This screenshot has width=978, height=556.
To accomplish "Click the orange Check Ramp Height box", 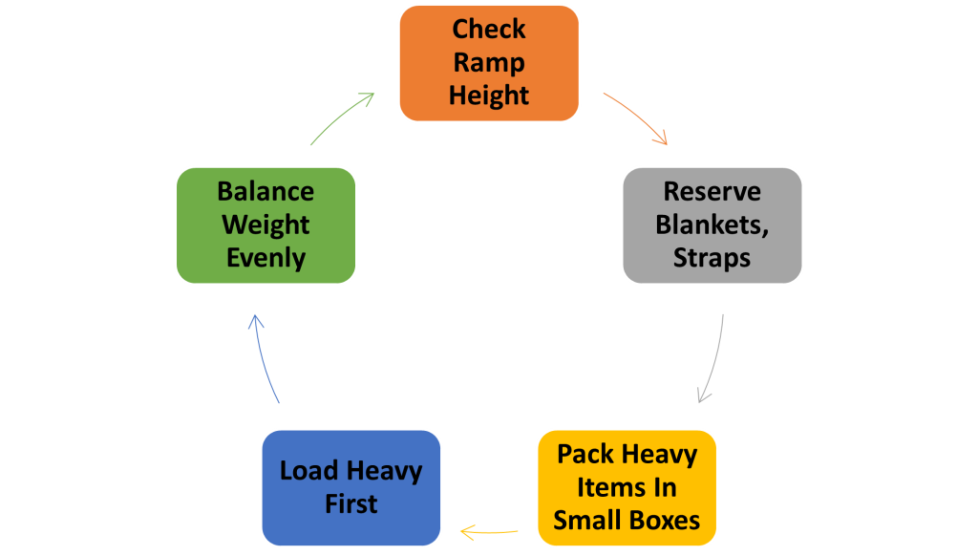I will point(489,63).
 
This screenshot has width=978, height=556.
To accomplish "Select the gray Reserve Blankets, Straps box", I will point(712,225).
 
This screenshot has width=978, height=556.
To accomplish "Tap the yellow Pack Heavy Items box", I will point(627,487).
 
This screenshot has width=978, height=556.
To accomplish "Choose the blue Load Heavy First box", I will point(351,487).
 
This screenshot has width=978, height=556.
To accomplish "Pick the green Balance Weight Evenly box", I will point(266,225).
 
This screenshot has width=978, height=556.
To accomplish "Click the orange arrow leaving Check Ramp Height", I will point(635,118).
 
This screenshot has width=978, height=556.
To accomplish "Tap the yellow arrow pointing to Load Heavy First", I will point(489,530).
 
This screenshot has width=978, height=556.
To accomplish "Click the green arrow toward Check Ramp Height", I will point(342,118).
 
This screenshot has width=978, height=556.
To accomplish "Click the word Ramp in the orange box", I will point(489,63).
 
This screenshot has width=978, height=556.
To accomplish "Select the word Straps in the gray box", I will point(712,258).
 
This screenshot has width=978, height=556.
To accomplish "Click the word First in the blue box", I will point(351,504).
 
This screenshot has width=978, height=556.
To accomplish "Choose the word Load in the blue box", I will point(310,471).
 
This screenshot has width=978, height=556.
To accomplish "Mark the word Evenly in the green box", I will point(266,258).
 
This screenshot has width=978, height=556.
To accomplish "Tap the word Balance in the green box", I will point(266,192).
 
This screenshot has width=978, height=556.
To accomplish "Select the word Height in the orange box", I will point(489,96).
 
